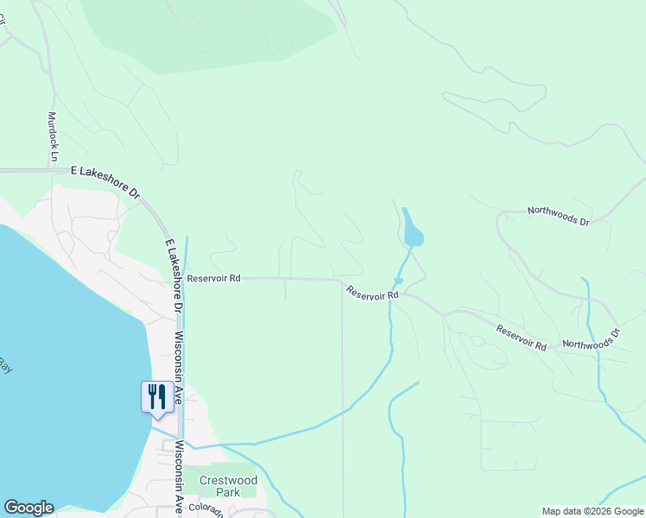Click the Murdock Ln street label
point(53,136)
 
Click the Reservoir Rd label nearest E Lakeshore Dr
point(213,279)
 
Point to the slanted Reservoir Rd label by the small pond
point(372,294)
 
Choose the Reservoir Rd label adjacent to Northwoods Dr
point(522,338)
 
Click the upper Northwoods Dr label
point(558,217)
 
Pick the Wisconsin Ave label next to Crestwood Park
point(180,477)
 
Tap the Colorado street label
point(206,511)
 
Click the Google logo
point(28,508)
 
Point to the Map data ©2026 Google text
point(592,511)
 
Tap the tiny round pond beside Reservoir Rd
point(398,281)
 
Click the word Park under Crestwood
point(228,492)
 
